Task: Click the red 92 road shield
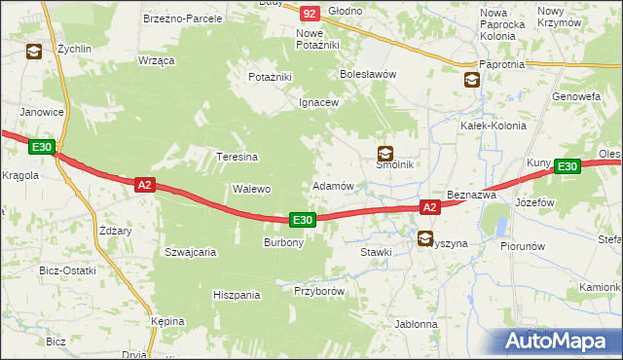point(309,13)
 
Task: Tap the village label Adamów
point(332,185)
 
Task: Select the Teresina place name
point(237,157)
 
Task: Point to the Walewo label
point(250,189)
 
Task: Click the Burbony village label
point(284,242)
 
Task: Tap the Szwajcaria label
point(190,251)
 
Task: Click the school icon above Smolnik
point(386,153)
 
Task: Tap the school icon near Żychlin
point(34,52)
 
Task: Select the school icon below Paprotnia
point(472,80)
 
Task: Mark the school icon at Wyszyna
point(424,237)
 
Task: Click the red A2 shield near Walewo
point(144,184)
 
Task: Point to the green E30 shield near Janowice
point(41,147)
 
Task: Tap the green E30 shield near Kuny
point(568,167)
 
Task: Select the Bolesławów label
point(366,74)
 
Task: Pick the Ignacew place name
point(318,102)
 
